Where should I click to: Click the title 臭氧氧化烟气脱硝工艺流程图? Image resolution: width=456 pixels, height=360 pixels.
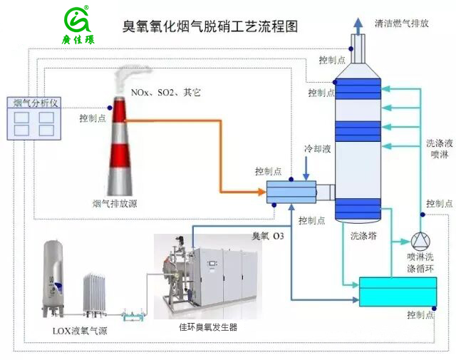coord(210,27)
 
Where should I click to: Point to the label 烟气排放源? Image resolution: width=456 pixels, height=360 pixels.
coord(115,204)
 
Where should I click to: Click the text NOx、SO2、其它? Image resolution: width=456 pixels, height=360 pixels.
coord(166,93)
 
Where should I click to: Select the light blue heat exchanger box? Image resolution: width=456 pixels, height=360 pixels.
coord(291,191)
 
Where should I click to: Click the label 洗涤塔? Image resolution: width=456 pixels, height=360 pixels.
coord(363,233)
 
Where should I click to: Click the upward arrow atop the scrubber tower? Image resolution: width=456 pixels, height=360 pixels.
coord(356,30)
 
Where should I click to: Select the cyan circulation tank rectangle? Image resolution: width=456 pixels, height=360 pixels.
coord(398,292)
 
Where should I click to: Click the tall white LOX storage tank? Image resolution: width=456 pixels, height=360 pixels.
coord(53,278)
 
